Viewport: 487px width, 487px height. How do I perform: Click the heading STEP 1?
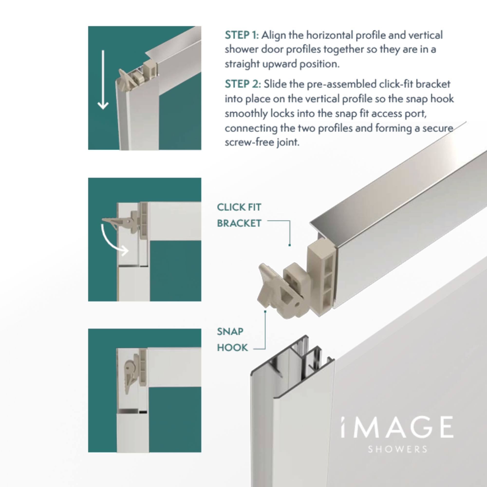(x=242, y=35)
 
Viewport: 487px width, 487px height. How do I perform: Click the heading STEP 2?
(x=243, y=84)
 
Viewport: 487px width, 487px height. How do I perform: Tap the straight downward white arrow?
(x=103, y=80)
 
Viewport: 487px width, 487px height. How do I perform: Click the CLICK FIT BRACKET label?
(x=239, y=215)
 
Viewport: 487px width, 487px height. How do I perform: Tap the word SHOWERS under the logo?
(x=398, y=449)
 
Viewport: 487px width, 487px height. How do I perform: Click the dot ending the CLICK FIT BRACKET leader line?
(x=290, y=245)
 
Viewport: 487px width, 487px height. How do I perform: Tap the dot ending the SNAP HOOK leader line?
(x=265, y=312)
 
